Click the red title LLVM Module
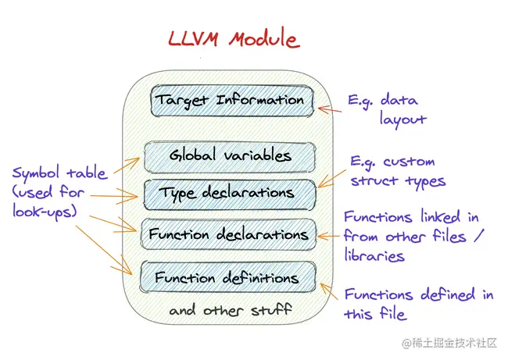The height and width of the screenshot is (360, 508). pyautogui.click(x=233, y=38)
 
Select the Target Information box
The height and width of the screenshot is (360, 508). pyautogui.click(x=231, y=101)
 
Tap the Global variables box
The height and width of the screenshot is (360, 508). pyautogui.click(x=230, y=155)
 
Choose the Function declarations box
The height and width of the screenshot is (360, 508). pyautogui.click(x=228, y=233)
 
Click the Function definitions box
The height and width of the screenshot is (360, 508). pyautogui.click(x=227, y=277)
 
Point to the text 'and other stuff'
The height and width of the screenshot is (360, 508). pyautogui.click(x=231, y=310)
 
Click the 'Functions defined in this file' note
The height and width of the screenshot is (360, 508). pyautogui.click(x=419, y=304)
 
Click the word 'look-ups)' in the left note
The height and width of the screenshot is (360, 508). pyautogui.click(x=45, y=211)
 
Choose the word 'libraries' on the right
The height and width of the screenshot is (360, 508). pyautogui.click(x=374, y=255)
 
